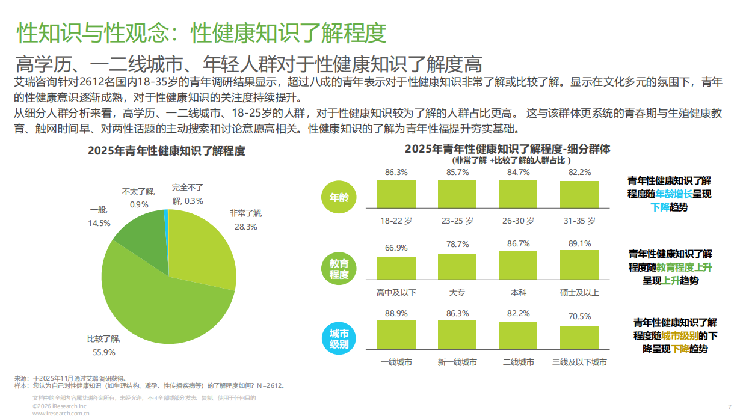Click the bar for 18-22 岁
[x=396, y=194]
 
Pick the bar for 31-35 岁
[x=579, y=194]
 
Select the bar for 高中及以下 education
[x=396, y=268]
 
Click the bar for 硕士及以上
[x=579, y=265]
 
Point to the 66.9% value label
[x=396, y=248]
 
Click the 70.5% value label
[x=579, y=316]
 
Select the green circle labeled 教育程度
[x=339, y=269]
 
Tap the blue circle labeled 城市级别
[x=339, y=339]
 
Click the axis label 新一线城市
[x=457, y=362]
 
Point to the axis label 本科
[x=518, y=292]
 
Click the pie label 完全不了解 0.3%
[x=187, y=194]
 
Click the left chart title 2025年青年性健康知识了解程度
[x=167, y=151]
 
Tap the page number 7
[x=729, y=407]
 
